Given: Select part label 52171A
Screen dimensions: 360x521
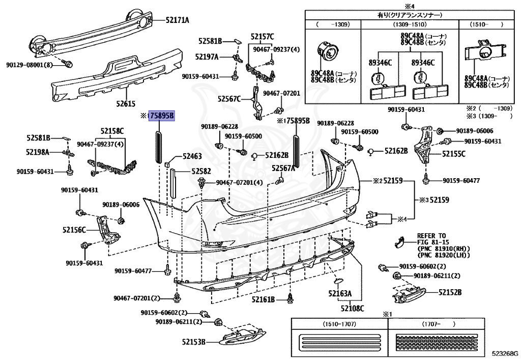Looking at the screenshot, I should pyautogui.click(x=177, y=20).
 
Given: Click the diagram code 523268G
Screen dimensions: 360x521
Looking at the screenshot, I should pyautogui.click(x=504, y=353).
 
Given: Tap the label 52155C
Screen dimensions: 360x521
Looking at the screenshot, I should pyautogui.click(x=453, y=153).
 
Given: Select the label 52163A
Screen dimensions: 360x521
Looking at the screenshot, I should pyautogui.click(x=340, y=294).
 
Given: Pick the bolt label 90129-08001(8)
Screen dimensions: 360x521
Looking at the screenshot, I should pyautogui.click(x=30, y=65).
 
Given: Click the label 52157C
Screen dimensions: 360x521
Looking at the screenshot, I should pyautogui.click(x=262, y=36).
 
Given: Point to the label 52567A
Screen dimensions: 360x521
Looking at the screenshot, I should pyautogui.click(x=283, y=168).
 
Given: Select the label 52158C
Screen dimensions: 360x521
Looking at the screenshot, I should pyautogui.click(x=112, y=131).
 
